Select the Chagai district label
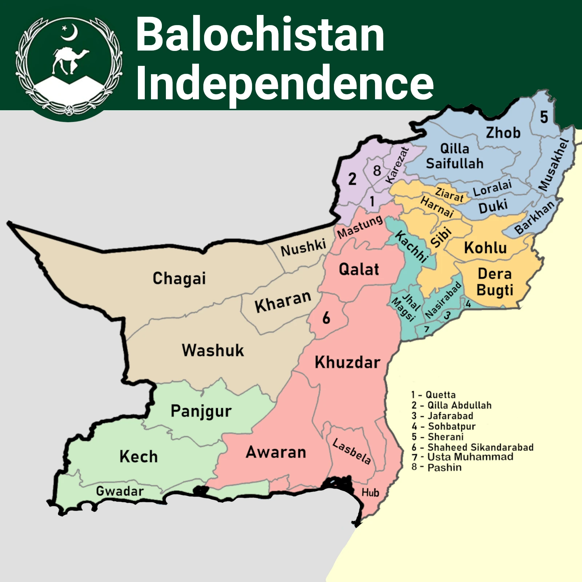click(x=179, y=278)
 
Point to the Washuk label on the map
click(x=213, y=350)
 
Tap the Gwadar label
click(x=120, y=491)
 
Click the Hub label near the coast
click(x=370, y=493)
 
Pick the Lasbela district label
click(x=352, y=451)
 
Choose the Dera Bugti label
click(x=495, y=282)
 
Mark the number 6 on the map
click(x=326, y=318)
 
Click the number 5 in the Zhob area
click(x=544, y=117)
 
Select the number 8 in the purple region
click(x=377, y=170)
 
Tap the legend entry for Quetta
click(x=434, y=395)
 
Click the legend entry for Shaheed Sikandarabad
click(x=473, y=447)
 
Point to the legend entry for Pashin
click(x=436, y=467)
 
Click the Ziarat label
click(x=450, y=195)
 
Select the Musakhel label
click(x=553, y=164)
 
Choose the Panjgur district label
click(x=201, y=411)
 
